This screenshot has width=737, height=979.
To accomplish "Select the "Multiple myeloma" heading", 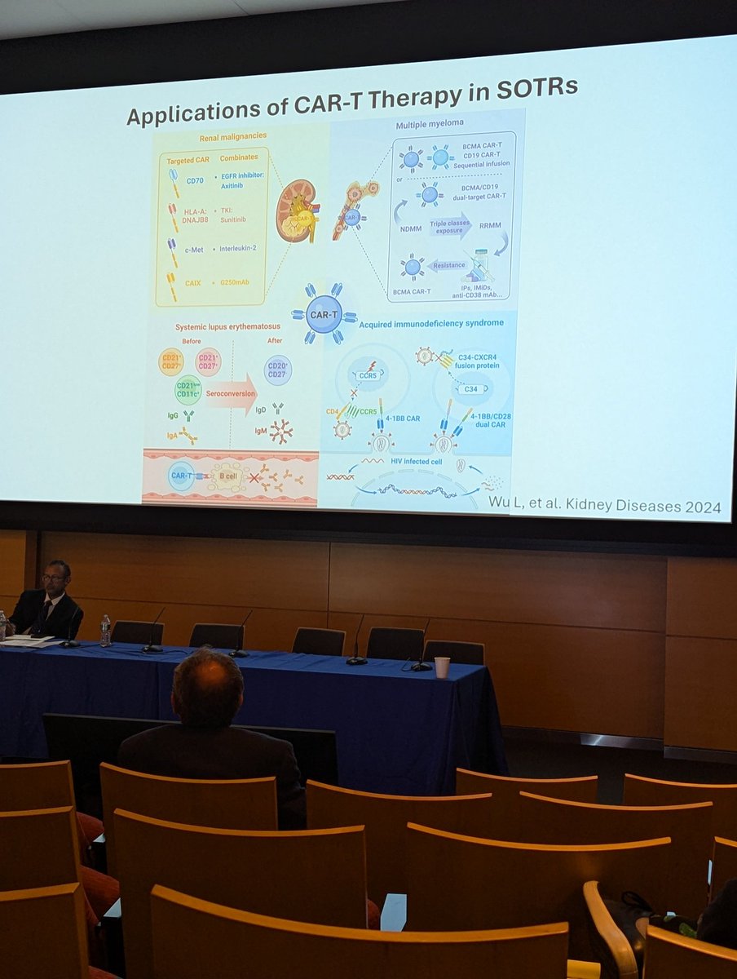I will click(430, 125).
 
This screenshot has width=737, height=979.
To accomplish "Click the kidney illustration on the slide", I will click(295, 210).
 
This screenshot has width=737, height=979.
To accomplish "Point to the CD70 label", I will click(195, 181).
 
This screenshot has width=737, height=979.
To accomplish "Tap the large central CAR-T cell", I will click(324, 313).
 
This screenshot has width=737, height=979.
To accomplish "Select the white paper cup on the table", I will click(442, 667).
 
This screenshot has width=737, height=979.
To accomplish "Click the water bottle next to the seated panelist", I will click(105, 630).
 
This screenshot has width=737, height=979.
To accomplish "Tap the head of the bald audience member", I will click(208, 688).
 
